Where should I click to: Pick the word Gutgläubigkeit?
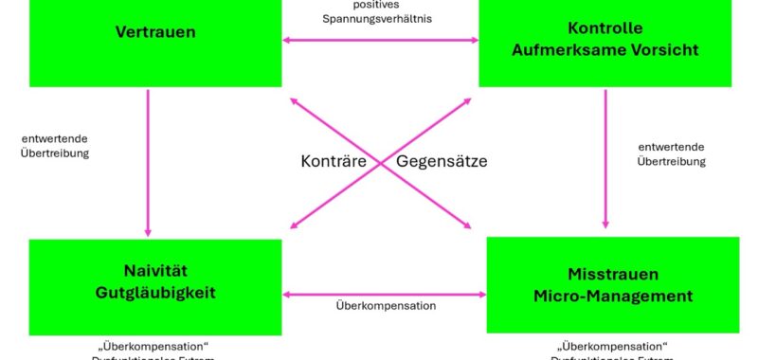pos(156,293)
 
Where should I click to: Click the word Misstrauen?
pos(612,276)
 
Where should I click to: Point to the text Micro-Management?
pos(612,297)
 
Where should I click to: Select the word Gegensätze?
pos(442,162)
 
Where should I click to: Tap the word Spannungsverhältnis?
pos(382,19)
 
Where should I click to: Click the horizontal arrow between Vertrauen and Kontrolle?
pos(381,40)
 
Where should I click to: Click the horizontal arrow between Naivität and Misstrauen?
pos(384,296)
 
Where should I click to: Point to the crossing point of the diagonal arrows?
pos(381,164)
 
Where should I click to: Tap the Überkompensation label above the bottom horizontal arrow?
pos(386,307)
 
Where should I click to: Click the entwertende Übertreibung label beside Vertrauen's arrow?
pos(55,146)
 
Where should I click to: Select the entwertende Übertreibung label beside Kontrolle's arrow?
pos(672,154)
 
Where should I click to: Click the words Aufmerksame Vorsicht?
pos(605,48)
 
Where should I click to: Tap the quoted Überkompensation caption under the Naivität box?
pos(155,344)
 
